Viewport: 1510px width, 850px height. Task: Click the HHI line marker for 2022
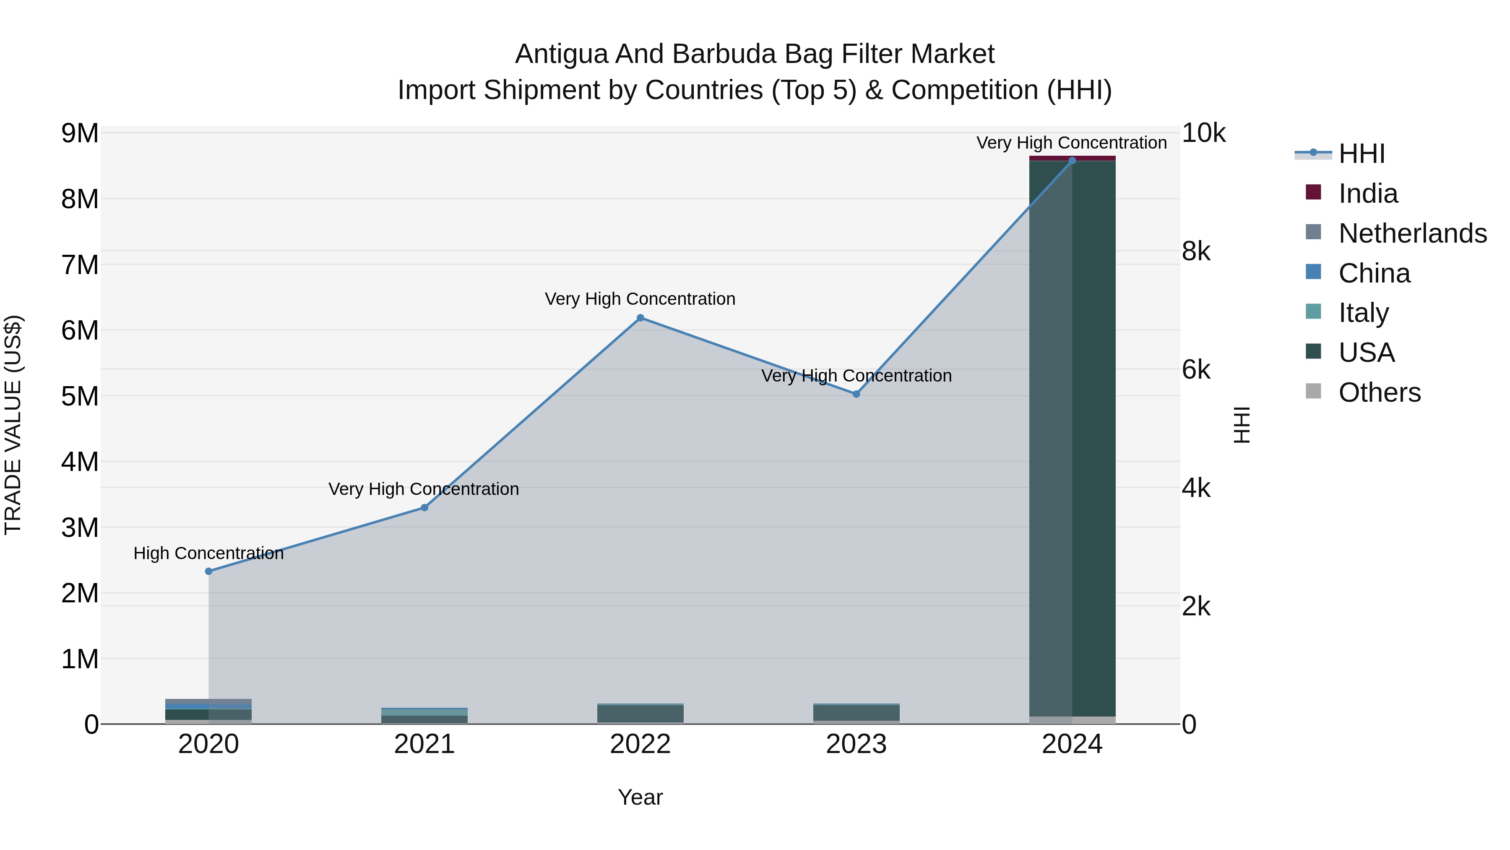pos(640,318)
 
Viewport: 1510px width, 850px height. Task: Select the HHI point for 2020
pos(209,571)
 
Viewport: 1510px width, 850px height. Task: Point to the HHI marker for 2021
pos(424,507)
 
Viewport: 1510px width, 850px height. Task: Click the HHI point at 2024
pos(1072,160)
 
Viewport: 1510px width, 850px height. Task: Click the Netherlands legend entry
pos(1412,233)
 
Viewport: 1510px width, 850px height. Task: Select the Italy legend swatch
pos(1314,311)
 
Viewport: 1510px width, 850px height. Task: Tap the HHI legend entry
pos(1361,154)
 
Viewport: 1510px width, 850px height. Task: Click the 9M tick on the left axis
pos(80,134)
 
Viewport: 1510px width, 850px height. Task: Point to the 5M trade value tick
pos(80,397)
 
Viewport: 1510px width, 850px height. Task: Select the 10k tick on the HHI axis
pos(1203,134)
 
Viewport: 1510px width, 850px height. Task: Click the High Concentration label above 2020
pos(209,553)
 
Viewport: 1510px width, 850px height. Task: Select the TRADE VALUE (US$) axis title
pos(13,425)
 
